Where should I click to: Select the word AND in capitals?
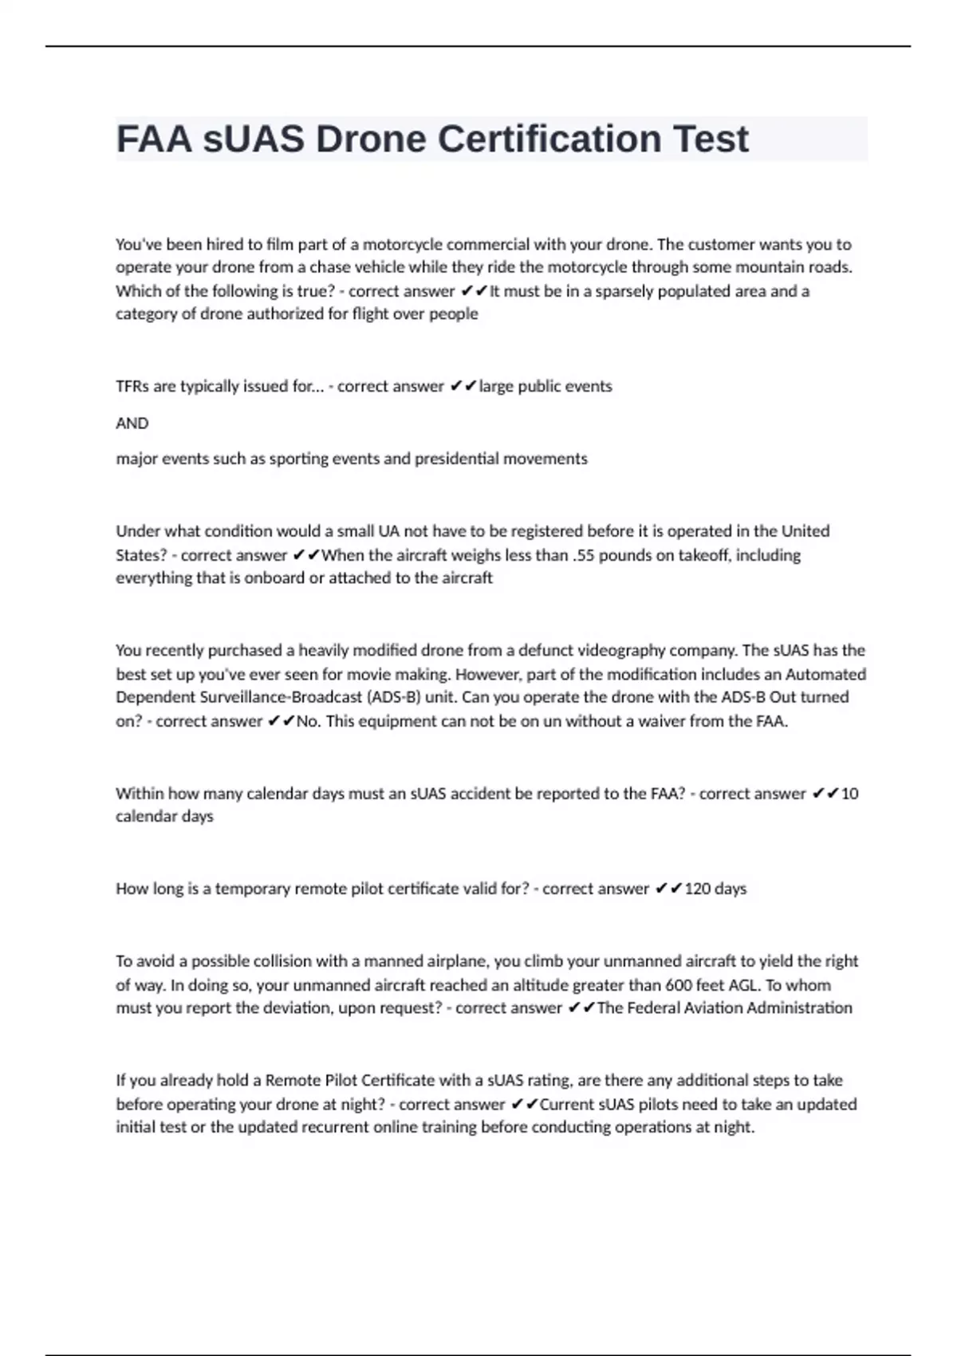pyautogui.click(x=132, y=424)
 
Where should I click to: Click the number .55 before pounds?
pyautogui.click(x=583, y=555)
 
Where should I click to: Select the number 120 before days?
pyautogui.click(x=697, y=889)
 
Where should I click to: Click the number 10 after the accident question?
pyautogui.click(x=849, y=794)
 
